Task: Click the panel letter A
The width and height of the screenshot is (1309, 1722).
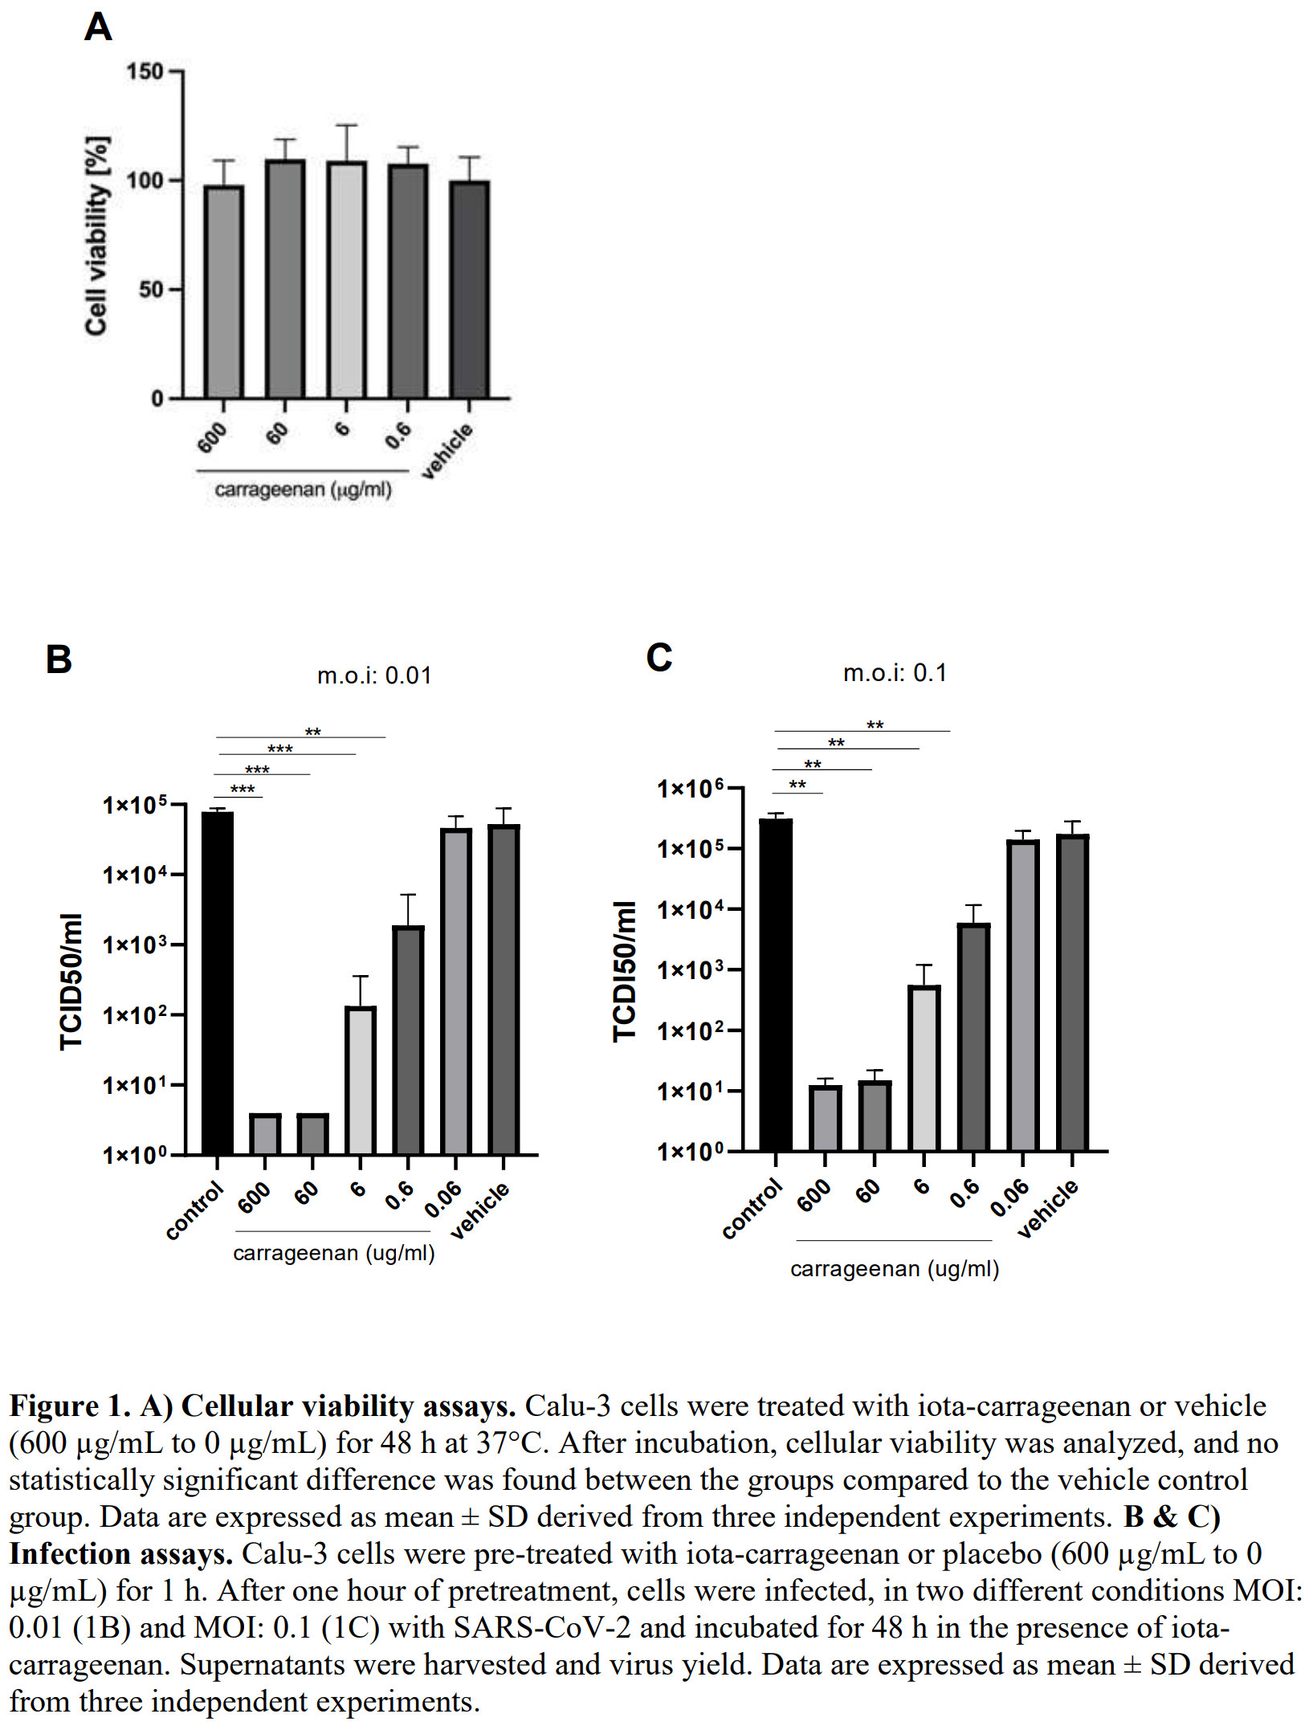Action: [98, 27]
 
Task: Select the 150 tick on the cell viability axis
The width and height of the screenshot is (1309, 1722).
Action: [145, 71]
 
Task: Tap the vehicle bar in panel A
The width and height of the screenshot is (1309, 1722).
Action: [470, 289]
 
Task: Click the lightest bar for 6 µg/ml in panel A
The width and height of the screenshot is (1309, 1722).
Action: [347, 280]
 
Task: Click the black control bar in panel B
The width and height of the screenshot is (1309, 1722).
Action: [218, 983]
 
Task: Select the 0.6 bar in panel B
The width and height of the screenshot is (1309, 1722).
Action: [409, 1040]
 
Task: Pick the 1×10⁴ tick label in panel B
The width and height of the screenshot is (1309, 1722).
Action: [134, 874]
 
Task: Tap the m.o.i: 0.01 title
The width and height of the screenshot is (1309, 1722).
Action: [374, 675]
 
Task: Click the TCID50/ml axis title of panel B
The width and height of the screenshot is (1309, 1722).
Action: [71, 981]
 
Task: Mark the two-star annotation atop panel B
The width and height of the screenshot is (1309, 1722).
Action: [312, 732]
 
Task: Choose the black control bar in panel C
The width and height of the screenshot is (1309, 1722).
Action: [776, 985]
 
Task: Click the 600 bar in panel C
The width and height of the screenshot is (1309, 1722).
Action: [826, 1118]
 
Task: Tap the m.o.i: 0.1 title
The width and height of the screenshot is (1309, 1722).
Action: [895, 673]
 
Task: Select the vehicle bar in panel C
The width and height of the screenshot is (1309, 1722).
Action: [1073, 993]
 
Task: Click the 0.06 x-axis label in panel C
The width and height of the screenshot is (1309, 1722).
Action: [1009, 1198]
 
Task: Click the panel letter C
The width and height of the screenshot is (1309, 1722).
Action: [659, 657]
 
